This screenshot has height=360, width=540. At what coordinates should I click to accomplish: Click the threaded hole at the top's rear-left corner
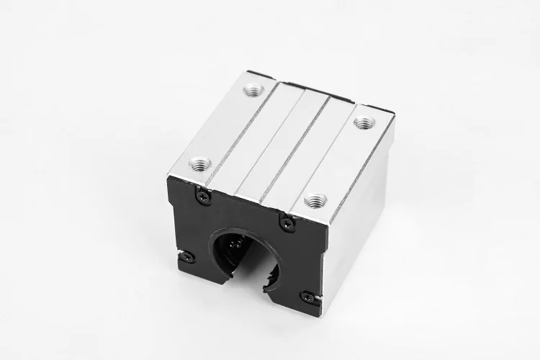tap(253, 91)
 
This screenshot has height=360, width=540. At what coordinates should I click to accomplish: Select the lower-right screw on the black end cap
tap(308, 297)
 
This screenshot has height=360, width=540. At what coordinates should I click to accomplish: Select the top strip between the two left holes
tap(223, 126)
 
